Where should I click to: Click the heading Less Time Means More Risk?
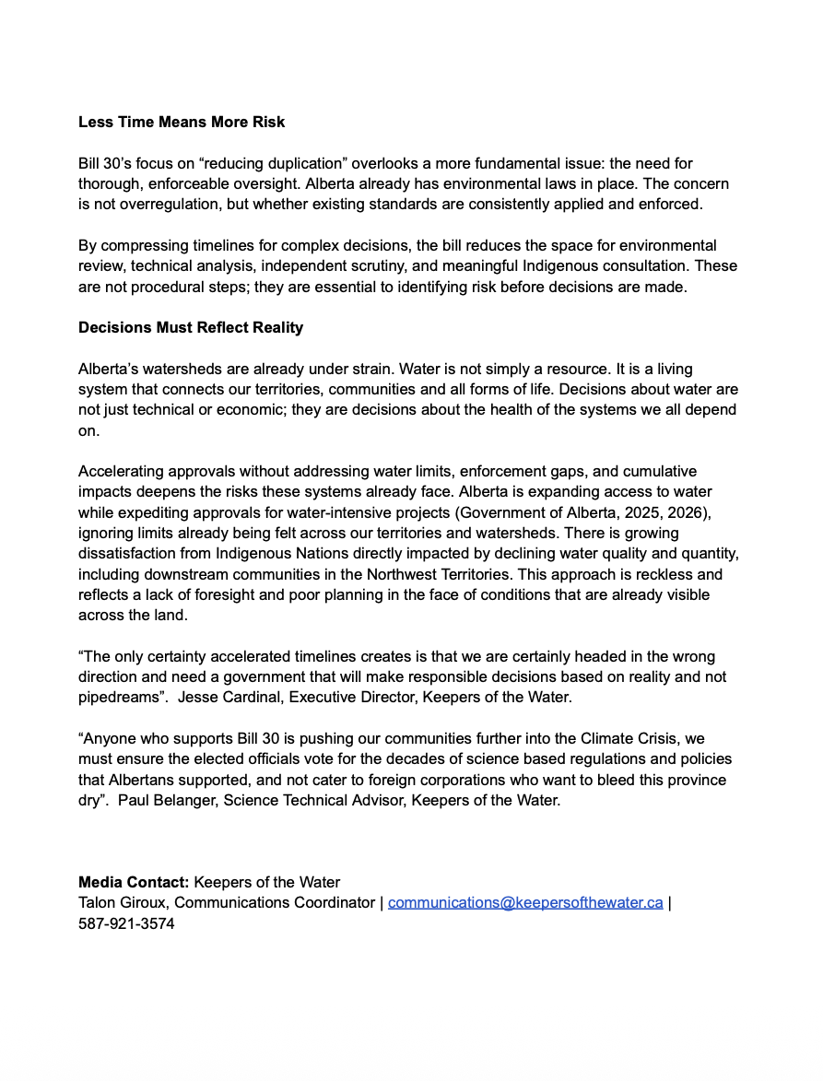pyautogui.click(x=182, y=122)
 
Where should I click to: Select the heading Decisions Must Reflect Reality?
pyautogui.click(x=191, y=327)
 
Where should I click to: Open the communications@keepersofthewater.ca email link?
pyautogui.click(x=525, y=902)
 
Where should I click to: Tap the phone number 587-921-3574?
pyautogui.click(x=126, y=922)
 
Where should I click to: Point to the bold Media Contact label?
pyautogui.click(x=134, y=882)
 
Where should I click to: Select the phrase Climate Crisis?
pyautogui.click(x=629, y=739)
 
